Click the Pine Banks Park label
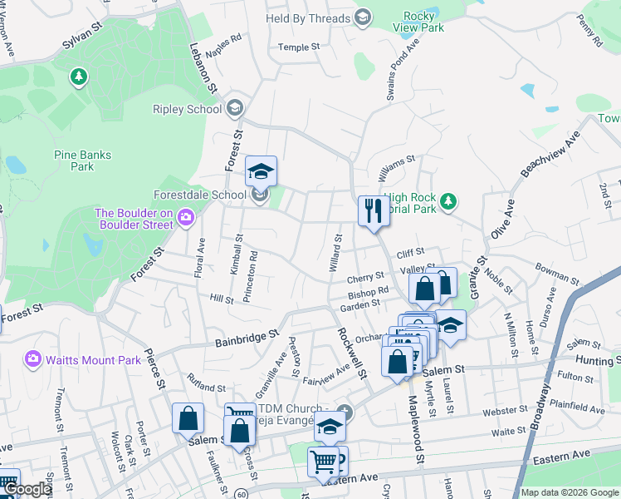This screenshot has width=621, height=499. [82, 161]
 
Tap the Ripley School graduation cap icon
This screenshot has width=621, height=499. [235, 109]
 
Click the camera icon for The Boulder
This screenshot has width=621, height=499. [184, 218]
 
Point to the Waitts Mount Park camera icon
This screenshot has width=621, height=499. [33, 359]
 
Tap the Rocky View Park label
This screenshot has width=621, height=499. [423, 22]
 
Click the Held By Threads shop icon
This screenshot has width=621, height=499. [362, 17]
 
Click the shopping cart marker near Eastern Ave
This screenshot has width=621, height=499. [323, 462]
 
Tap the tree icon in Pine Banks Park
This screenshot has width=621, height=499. [79, 77]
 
